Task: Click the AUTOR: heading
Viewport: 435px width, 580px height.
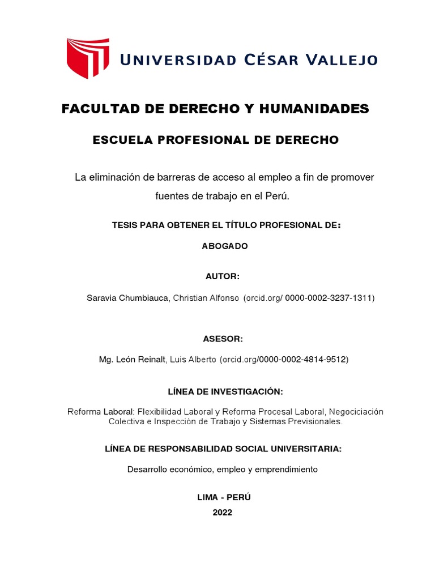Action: click(x=222, y=276)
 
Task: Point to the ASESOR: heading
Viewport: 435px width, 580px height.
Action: click(x=223, y=339)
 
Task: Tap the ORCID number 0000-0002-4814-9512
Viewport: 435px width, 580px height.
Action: click(x=302, y=359)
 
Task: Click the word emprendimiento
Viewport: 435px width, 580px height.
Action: click(x=286, y=469)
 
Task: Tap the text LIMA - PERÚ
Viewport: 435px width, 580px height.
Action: click(x=223, y=497)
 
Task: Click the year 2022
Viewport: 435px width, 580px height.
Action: click(x=223, y=512)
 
